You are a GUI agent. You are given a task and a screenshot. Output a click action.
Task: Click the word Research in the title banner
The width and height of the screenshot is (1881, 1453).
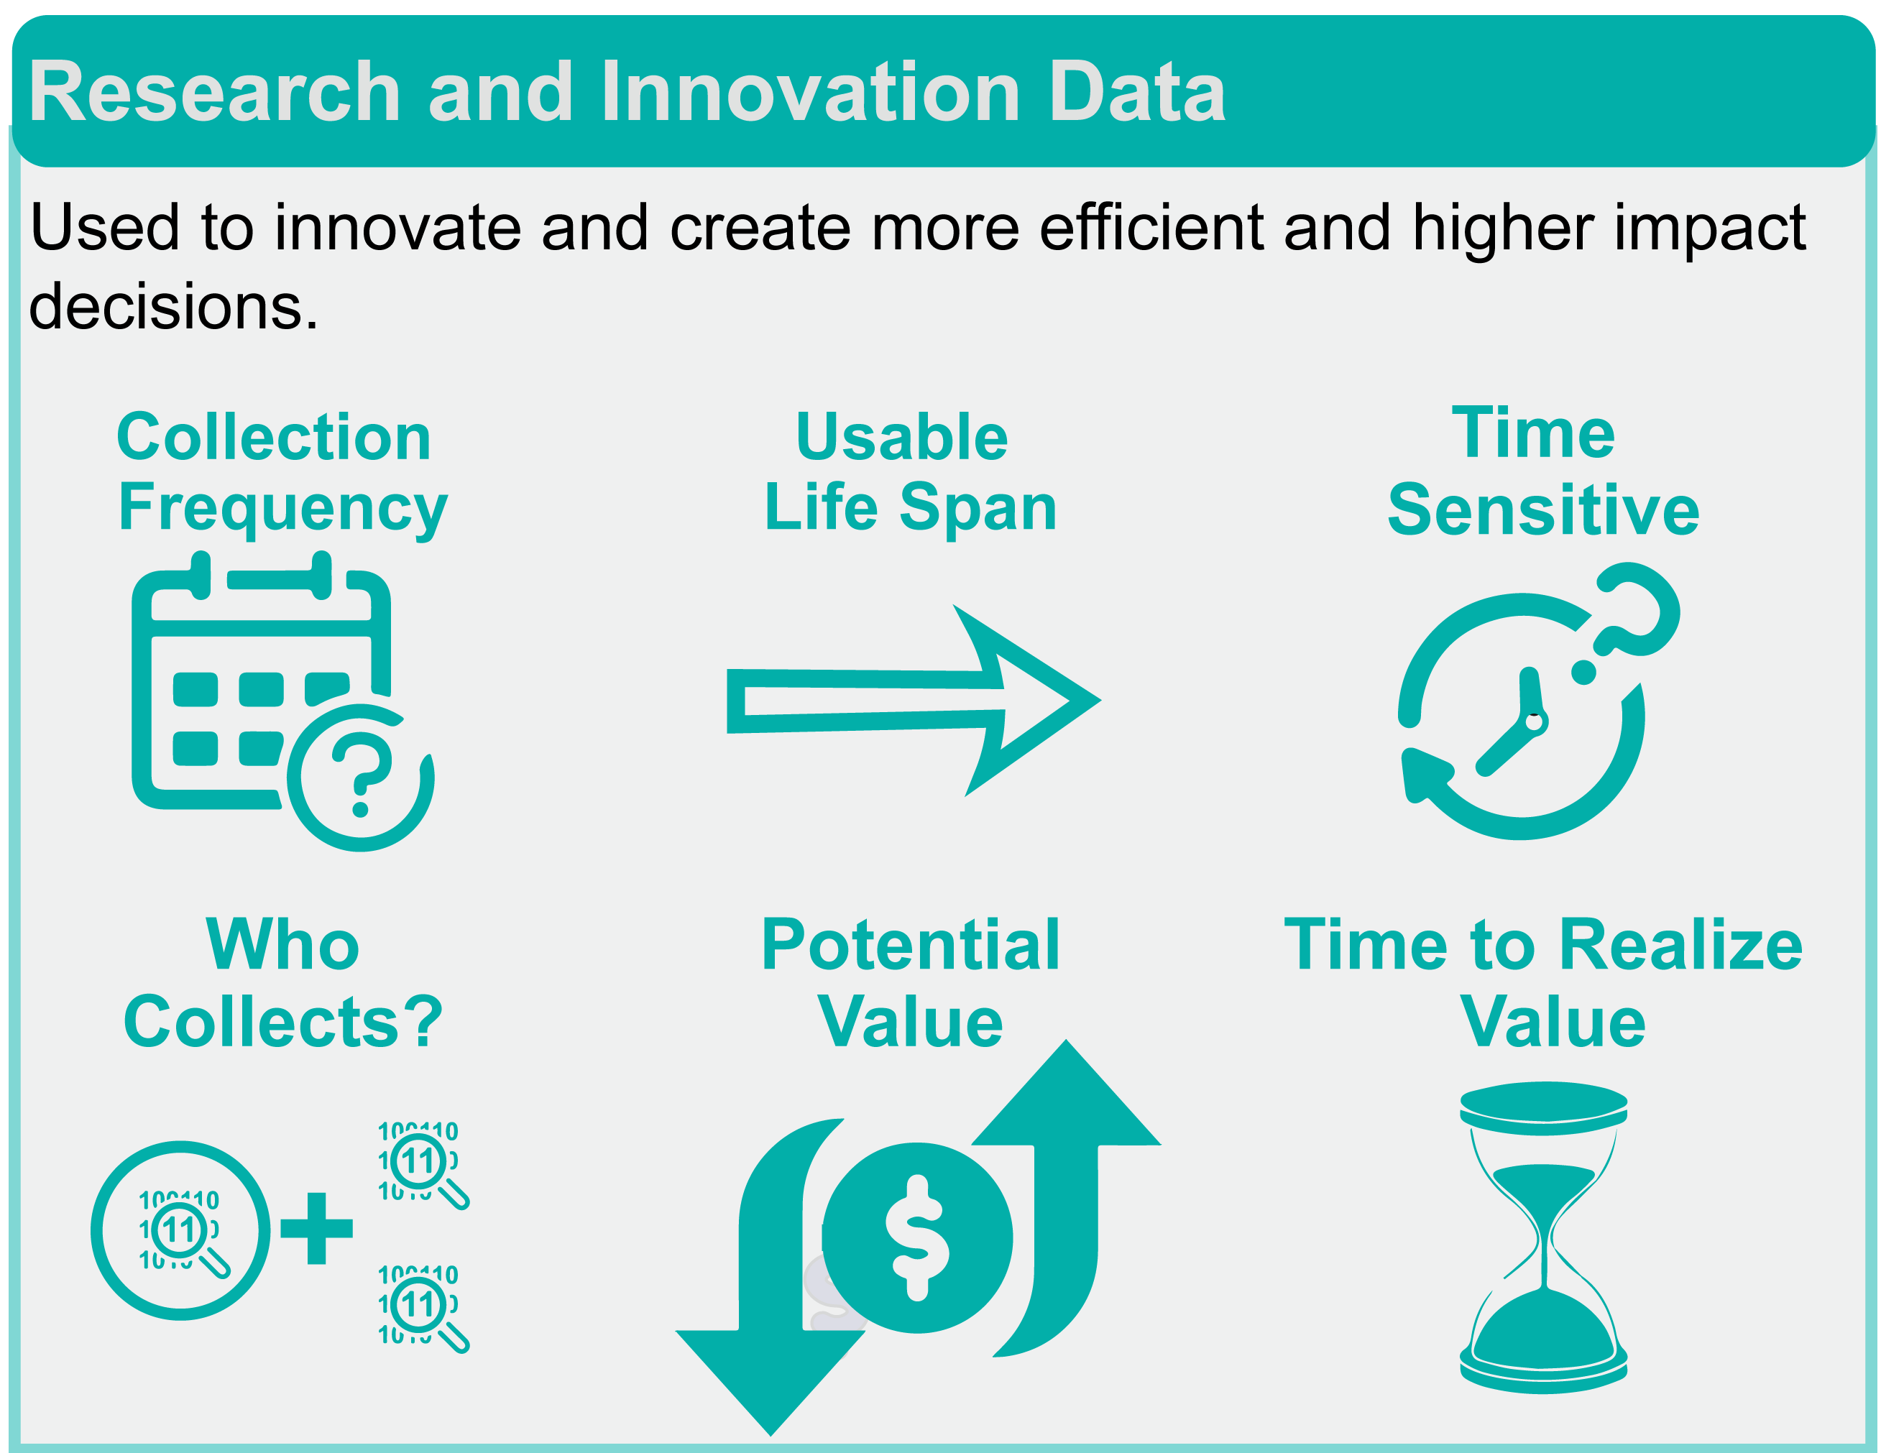[216, 92]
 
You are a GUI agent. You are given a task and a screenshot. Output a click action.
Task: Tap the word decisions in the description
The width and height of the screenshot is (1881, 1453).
[173, 305]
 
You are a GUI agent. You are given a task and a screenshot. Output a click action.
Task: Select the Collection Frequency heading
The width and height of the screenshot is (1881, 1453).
[282, 474]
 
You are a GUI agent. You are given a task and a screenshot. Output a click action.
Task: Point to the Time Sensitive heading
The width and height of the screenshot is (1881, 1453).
[1543, 472]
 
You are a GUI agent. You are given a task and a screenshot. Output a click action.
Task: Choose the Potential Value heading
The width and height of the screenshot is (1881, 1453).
[911, 982]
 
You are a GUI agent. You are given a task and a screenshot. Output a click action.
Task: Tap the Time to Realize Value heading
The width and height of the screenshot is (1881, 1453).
[1543, 982]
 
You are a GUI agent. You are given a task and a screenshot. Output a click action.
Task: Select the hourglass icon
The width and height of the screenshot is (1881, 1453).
[1543, 1237]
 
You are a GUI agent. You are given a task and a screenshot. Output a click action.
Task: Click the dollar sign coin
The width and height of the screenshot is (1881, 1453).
[917, 1237]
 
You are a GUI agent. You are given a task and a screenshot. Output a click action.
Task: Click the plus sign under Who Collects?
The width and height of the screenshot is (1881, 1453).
[317, 1228]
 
